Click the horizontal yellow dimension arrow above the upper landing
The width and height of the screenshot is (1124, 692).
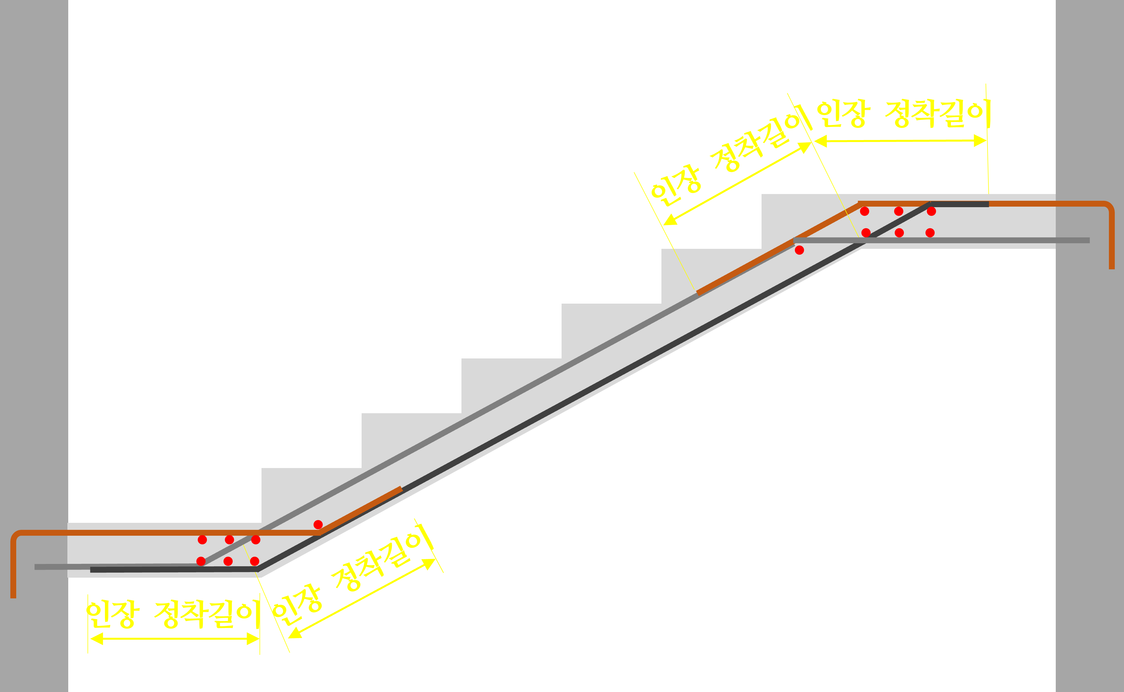pos(900,141)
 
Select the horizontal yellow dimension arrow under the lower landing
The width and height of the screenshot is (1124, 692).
pos(174,638)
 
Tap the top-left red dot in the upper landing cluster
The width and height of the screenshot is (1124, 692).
pos(864,211)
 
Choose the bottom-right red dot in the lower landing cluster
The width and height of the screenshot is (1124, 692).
pos(255,561)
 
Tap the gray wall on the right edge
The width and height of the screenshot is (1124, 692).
pos(1089,412)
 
